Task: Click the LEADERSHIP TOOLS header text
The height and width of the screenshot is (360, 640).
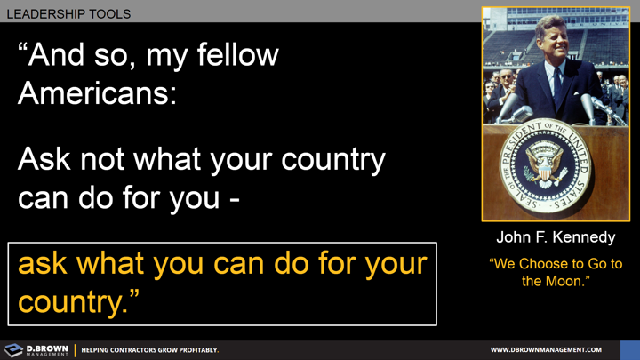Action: (x=68, y=14)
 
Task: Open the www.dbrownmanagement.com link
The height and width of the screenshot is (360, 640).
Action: (x=546, y=350)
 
